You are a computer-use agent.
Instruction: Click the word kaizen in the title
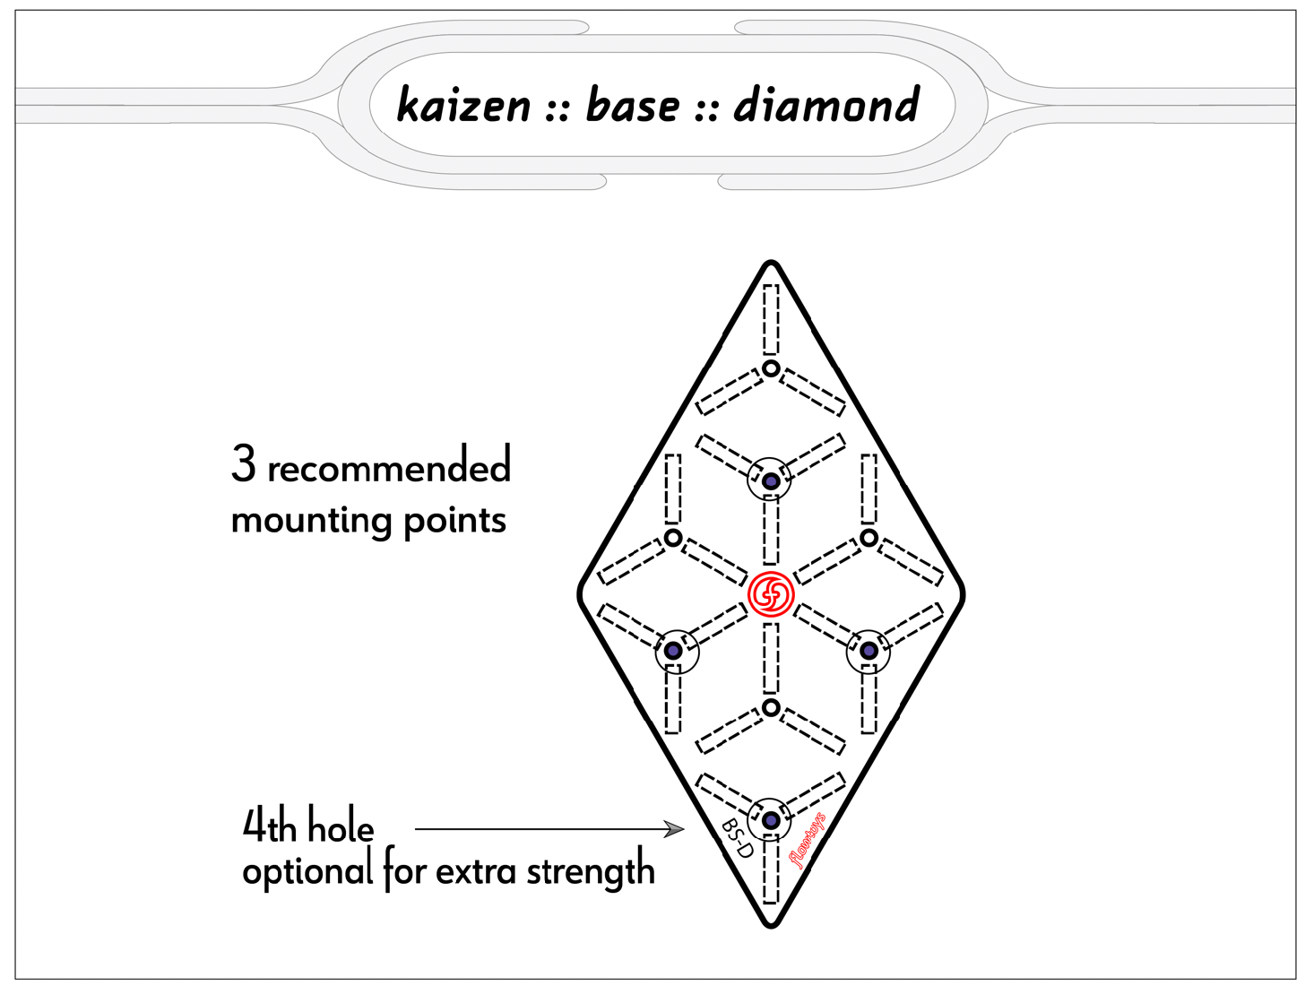click(x=463, y=106)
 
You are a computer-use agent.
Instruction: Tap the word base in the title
click(x=633, y=106)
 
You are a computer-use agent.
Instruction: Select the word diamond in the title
click(x=826, y=106)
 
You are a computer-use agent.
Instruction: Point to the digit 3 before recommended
click(x=243, y=464)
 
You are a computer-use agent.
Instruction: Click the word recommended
click(x=388, y=468)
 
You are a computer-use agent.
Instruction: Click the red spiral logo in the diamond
click(x=771, y=593)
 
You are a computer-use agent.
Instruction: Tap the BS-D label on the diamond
click(x=738, y=838)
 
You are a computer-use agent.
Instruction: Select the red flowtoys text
click(x=807, y=840)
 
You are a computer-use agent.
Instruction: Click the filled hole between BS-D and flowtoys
click(x=771, y=819)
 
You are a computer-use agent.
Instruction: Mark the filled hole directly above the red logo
click(x=771, y=481)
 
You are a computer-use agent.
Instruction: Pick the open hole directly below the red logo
click(x=771, y=708)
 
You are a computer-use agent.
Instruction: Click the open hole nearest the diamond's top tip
click(x=771, y=368)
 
